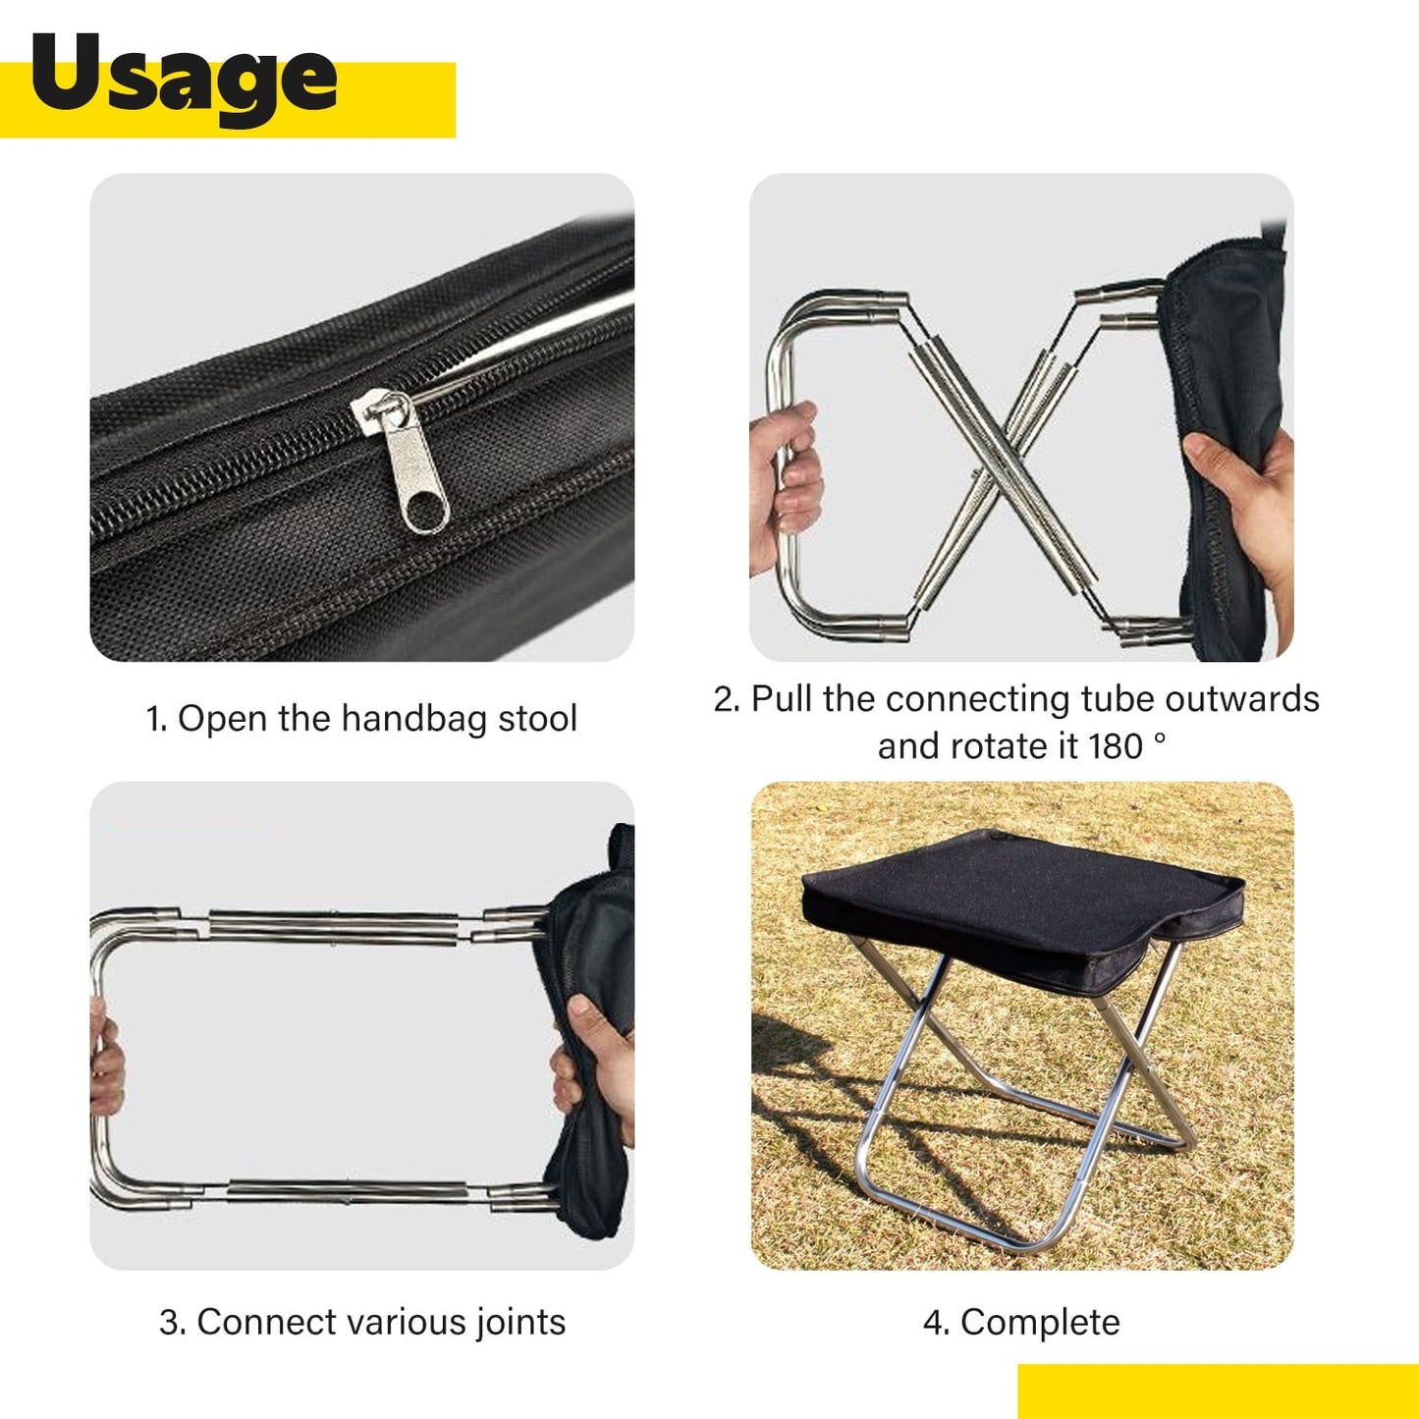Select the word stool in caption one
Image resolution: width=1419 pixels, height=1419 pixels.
[537, 719]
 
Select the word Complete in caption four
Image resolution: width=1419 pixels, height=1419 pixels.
[1040, 1323]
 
